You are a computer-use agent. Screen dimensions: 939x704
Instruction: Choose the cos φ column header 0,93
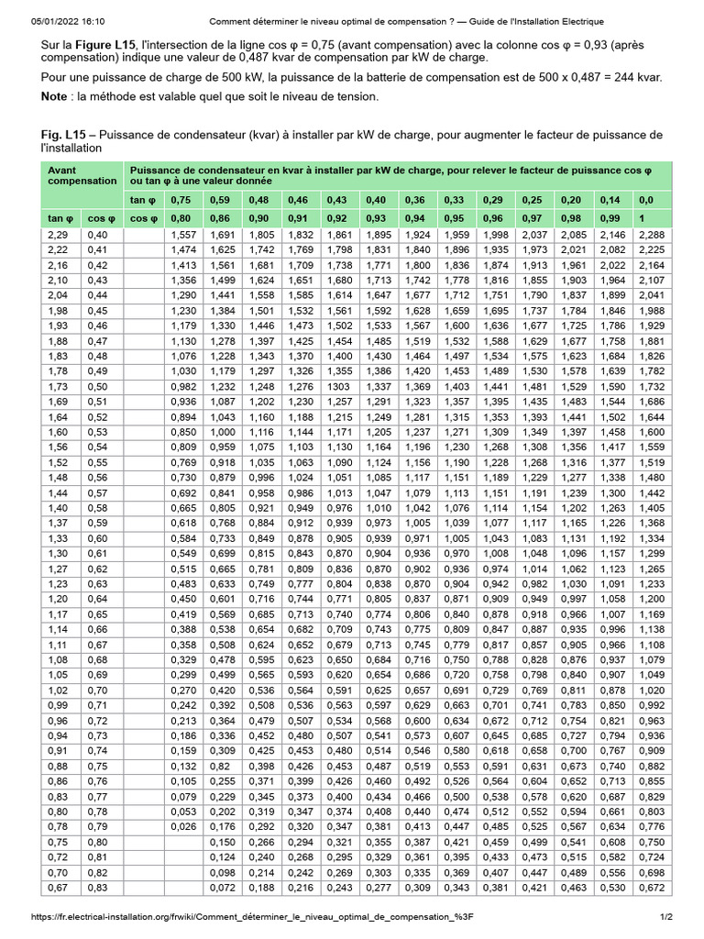(377, 218)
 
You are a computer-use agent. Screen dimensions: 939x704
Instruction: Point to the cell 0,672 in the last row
(651, 889)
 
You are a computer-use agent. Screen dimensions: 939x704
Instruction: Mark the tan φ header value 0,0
(646, 200)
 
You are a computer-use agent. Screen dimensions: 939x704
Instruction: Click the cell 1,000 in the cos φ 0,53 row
(224, 432)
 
